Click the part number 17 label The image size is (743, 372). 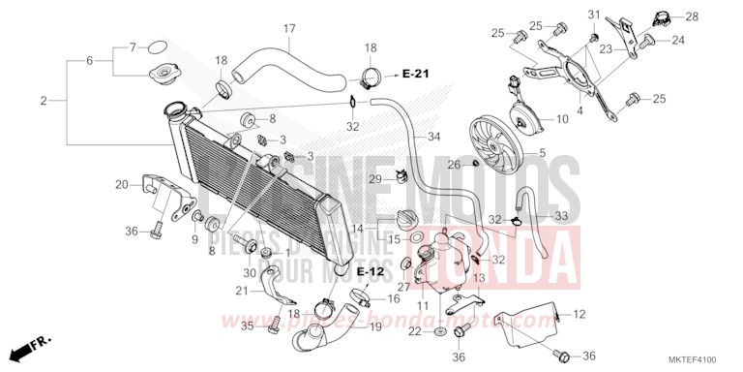coord(288,29)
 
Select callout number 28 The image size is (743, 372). coord(692,17)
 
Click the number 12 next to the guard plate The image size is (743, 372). coord(580,314)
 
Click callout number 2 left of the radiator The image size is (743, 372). coord(45,101)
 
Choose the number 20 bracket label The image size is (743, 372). coord(121,185)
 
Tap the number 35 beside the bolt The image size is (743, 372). coord(248,326)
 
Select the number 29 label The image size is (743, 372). coord(374,180)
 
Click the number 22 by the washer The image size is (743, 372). coord(412,332)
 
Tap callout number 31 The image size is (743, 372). coord(595,14)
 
